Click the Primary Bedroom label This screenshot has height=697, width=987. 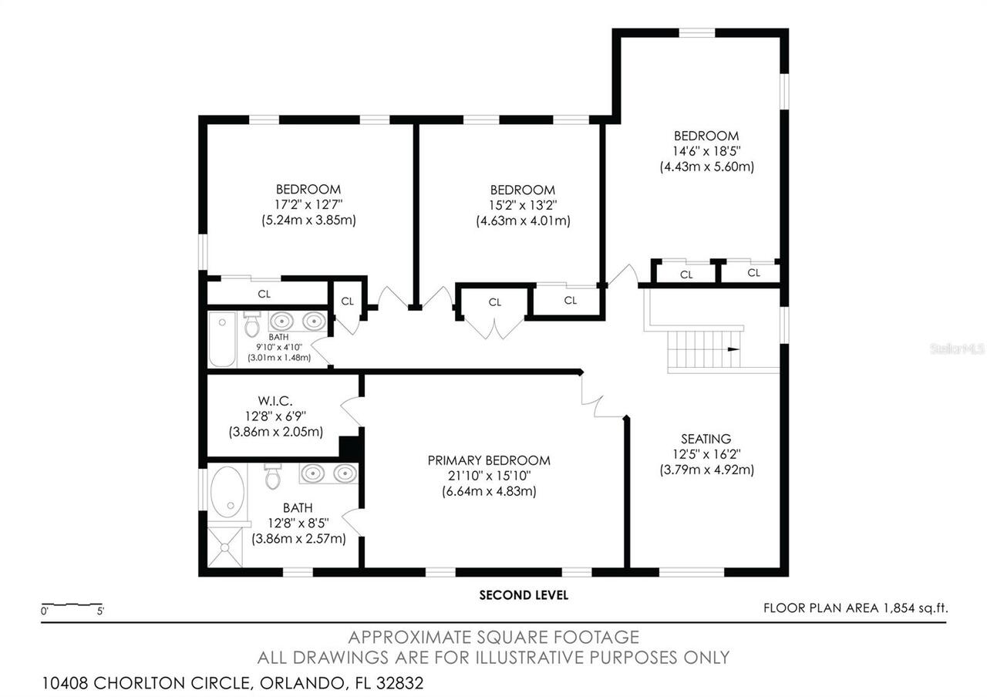pyautogui.click(x=489, y=460)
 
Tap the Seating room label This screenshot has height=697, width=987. pyautogui.click(x=706, y=439)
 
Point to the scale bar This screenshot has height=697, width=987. pyautogui.click(x=71, y=604)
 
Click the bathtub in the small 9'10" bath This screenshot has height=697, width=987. pyautogui.click(x=223, y=339)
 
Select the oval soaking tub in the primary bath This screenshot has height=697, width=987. pyautogui.click(x=227, y=490)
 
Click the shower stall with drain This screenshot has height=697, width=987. pyautogui.click(x=227, y=547)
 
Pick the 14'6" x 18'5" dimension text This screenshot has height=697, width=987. pyautogui.click(x=706, y=151)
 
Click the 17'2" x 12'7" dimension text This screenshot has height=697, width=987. pyautogui.click(x=308, y=204)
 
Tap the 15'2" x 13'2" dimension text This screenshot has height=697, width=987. pyautogui.click(x=522, y=205)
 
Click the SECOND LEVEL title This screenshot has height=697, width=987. pyautogui.click(x=524, y=594)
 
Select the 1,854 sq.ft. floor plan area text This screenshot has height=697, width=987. pyautogui.click(x=855, y=608)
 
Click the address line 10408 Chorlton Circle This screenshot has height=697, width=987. pyautogui.click(x=232, y=682)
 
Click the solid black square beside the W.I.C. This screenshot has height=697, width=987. pyautogui.click(x=351, y=446)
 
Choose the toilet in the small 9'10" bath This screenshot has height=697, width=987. pyautogui.click(x=251, y=325)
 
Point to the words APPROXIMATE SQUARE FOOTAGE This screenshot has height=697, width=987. pyautogui.click(x=493, y=637)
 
